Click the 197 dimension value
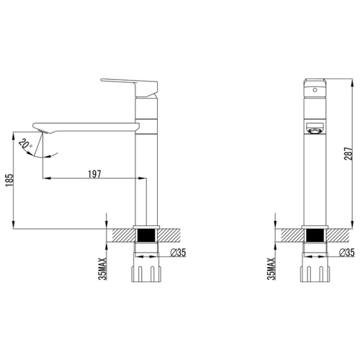(x=94, y=174)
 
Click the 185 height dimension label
(x=9, y=181)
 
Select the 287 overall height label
(x=348, y=154)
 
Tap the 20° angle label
(x=25, y=144)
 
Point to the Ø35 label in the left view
(x=178, y=252)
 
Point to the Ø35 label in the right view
(x=347, y=252)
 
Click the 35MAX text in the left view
(x=103, y=269)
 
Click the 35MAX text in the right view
(x=271, y=269)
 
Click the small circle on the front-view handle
(x=315, y=90)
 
